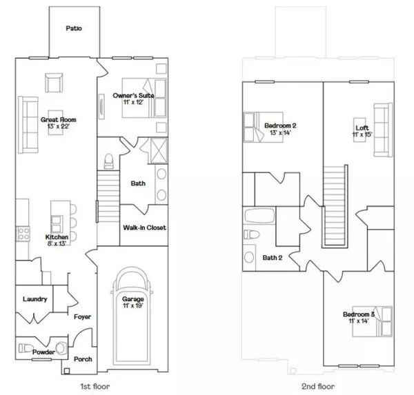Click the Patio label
(x=74, y=29)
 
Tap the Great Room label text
(x=59, y=122)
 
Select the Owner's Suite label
(x=133, y=98)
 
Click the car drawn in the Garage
(x=132, y=310)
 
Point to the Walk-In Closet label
(x=144, y=227)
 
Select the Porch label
(x=83, y=360)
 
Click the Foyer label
(x=82, y=316)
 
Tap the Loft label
(x=362, y=132)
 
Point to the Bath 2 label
(x=290, y=257)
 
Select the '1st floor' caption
(x=95, y=386)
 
